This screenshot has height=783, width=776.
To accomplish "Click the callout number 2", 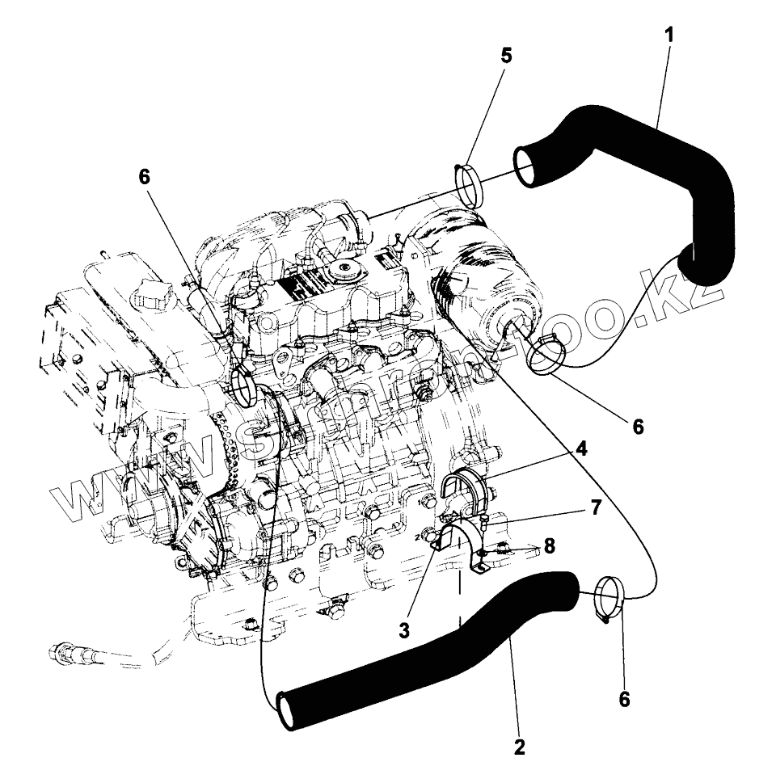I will coord(519,747).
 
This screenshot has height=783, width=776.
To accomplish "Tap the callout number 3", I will coord(403,629).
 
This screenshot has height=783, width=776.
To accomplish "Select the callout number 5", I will coord(506,56).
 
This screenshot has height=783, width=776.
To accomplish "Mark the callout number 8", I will coord(550,545).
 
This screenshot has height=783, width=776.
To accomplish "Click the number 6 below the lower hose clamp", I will coord(623,699).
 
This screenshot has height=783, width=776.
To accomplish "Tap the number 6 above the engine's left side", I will coord(145,178).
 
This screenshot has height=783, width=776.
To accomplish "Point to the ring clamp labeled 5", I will coord(470,183).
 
